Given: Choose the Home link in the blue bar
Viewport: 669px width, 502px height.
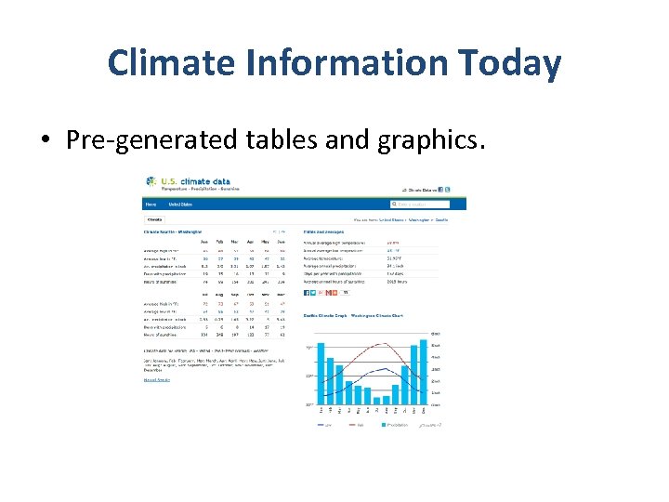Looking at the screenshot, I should [151, 205].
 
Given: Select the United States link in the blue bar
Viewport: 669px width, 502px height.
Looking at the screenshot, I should [180, 205].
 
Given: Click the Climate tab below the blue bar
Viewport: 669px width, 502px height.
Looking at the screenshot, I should [155, 220].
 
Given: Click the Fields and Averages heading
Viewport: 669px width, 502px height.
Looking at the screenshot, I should [326, 231].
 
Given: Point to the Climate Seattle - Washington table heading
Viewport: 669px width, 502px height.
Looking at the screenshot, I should [173, 231].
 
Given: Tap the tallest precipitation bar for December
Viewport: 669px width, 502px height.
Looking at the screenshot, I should [424, 372].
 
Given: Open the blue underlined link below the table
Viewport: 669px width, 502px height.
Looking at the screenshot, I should [156, 379].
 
